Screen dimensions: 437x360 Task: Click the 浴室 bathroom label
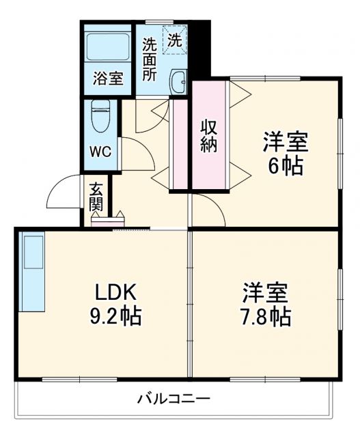(108, 78)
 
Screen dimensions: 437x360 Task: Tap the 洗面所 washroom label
(150, 60)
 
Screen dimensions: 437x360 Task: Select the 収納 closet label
(209, 135)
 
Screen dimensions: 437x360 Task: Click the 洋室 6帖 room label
(286, 154)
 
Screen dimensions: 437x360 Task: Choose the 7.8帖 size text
(266, 316)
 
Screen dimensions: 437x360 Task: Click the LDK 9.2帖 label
(116, 305)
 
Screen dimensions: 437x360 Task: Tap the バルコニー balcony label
(173, 398)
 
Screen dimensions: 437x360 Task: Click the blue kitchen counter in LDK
(33, 270)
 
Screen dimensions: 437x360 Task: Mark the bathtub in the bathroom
(108, 47)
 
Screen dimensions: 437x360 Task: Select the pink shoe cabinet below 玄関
(107, 220)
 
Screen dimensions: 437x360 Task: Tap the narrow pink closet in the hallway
(179, 144)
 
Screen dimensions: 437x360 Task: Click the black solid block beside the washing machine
(199, 48)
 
